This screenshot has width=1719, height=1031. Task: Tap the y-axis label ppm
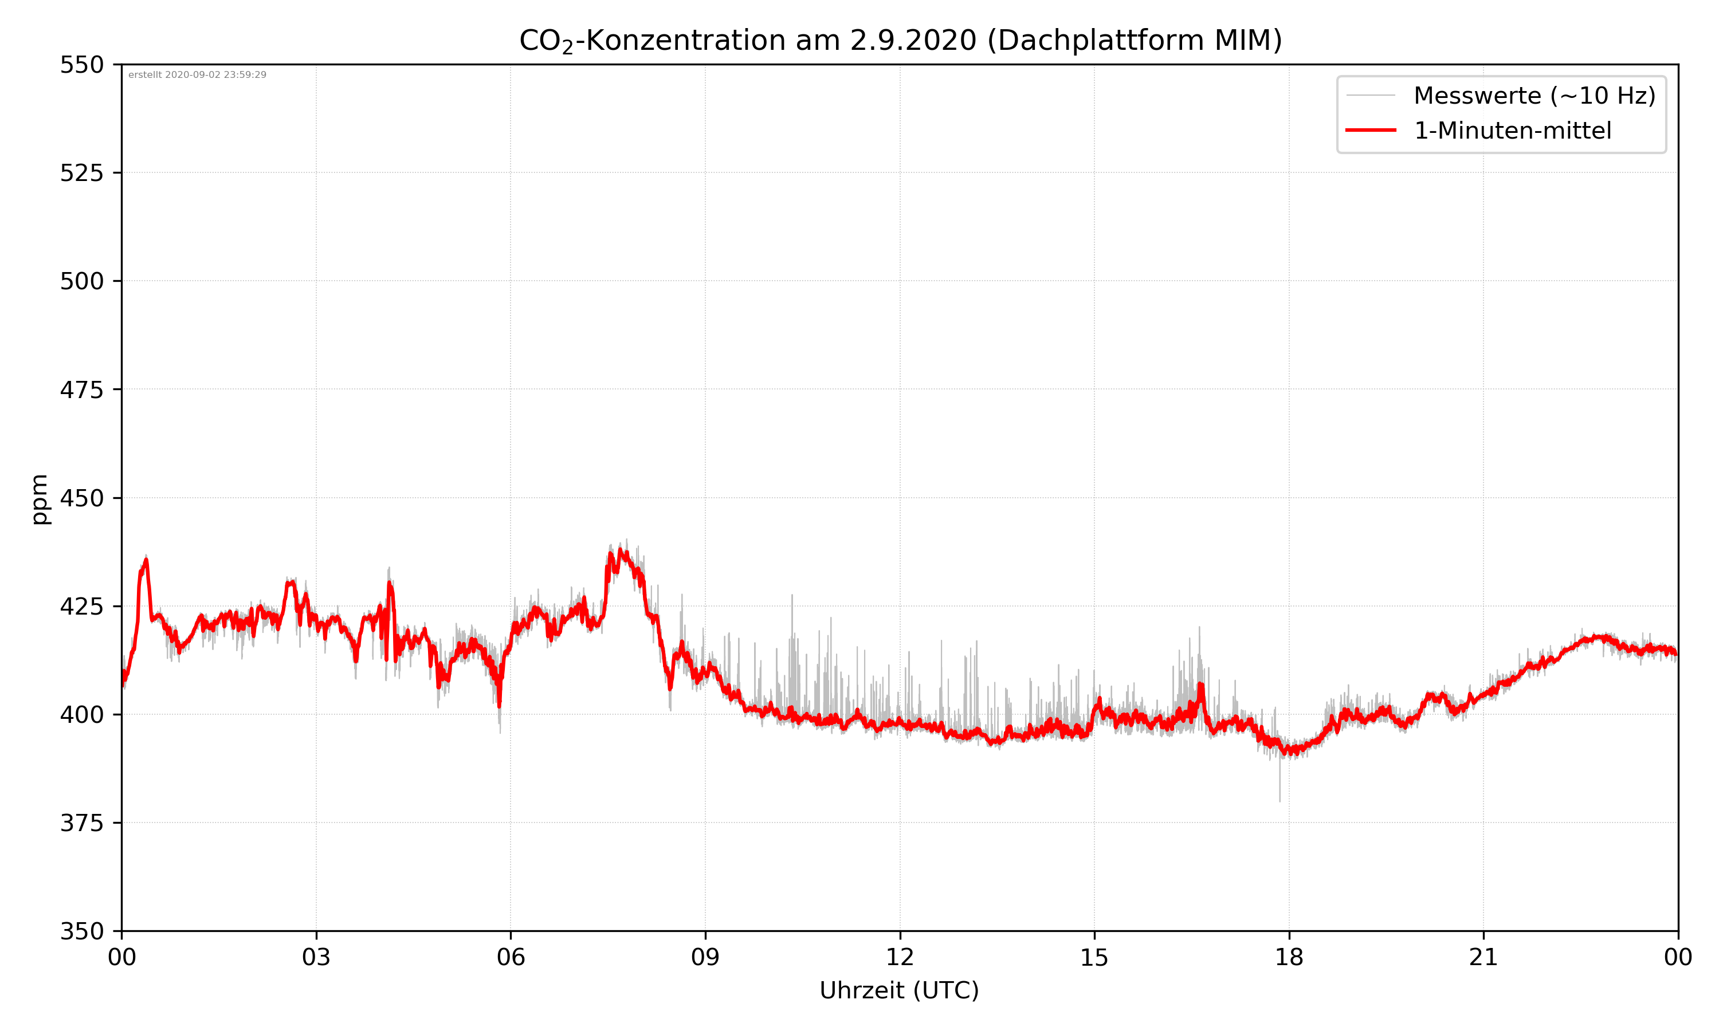[x=40, y=499]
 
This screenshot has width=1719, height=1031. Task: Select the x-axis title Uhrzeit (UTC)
[x=899, y=990]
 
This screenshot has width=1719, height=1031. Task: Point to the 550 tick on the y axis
[x=81, y=65]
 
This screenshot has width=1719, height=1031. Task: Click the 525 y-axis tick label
[x=81, y=173]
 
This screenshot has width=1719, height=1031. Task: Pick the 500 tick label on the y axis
[x=81, y=281]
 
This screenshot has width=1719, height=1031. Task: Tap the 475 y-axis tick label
[x=81, y=389]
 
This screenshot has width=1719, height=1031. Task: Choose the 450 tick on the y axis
[x=81, y=498]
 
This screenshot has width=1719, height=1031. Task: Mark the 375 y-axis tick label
[x=81, y=823]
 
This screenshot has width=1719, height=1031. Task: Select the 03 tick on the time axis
[x=316, y=957]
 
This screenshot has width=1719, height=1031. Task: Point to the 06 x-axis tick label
[x=511, y=957]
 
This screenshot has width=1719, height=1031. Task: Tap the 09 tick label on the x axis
[x=705, y=957]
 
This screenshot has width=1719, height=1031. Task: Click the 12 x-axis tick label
[x=900, y=957]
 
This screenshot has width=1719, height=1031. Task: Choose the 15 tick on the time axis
[x=1094, y=957]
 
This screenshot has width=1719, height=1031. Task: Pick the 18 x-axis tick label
[x=1289, y=957]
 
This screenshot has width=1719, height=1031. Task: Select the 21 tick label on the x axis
[x=1483, y=957]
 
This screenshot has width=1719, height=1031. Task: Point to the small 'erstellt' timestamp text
[x=197, y=75]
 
